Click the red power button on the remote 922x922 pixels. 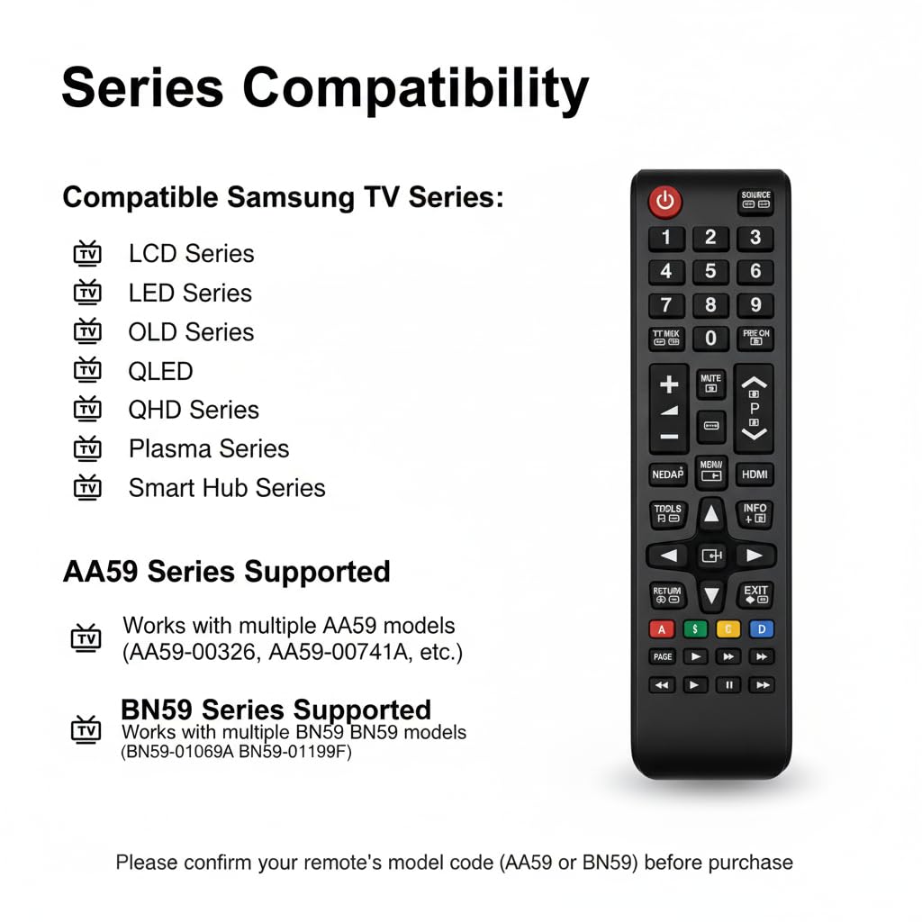tap(665, 202)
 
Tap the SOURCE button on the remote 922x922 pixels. tap(755, 201)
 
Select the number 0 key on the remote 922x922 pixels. tap(710, 339)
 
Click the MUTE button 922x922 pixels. tap(711, 384)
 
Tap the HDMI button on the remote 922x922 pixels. tap(755, 474)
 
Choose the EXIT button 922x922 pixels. tap(755, 594)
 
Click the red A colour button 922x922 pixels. tap(662, 629)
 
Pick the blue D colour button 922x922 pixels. tap(761, 629)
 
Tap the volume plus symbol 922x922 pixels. tap(668, 385)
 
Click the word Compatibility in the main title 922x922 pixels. tap(415, 89)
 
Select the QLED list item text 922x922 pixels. tap(160, 371)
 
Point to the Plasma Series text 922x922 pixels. tap(209, 448)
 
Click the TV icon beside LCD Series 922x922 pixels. tap(87, 254)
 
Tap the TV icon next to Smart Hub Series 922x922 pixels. tap(87, 488)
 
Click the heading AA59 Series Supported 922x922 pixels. tap(226, 572)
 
